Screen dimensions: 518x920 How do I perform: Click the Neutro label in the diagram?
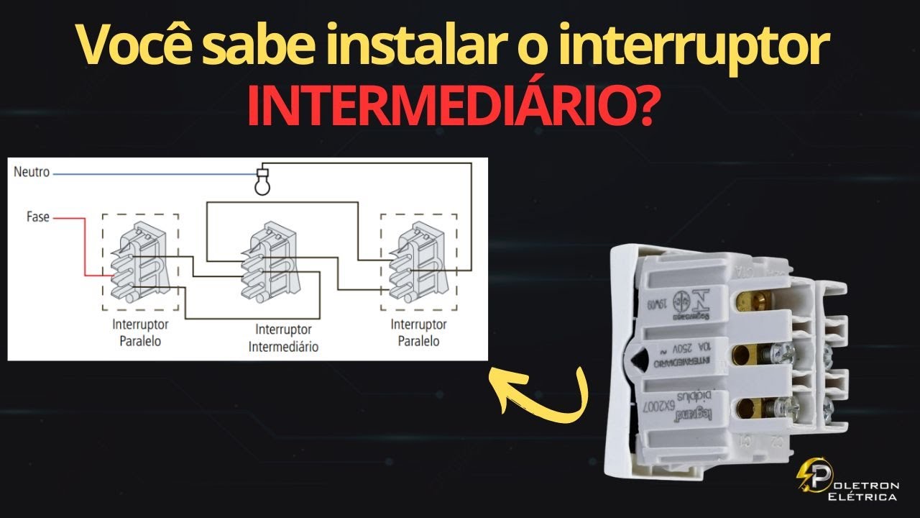(x=31, y=173)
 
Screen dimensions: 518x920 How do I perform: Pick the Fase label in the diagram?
(x=37, y=216)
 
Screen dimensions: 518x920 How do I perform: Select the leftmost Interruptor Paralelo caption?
(x=140, y=332)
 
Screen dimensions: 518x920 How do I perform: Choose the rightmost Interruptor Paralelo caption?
(x=418, y=332)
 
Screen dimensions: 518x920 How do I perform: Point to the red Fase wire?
(x=84, y=245)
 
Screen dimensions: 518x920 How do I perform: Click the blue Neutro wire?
(x=151, y=173)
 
